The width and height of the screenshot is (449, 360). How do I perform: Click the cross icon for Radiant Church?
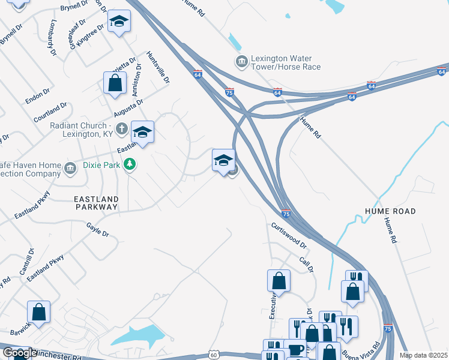click(122, 128)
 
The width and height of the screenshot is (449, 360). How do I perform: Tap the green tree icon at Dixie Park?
click(129, 164)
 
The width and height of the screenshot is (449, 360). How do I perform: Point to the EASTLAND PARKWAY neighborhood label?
click(95, 202)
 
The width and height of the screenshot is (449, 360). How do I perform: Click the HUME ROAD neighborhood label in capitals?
click(389, 211)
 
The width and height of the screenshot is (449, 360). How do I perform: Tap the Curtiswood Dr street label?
click(288, 235)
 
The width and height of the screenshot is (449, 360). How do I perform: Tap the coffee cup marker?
click(295, 350)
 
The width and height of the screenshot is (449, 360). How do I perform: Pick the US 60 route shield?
click(214, 355)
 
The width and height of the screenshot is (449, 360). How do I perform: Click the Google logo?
click(19, 353)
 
